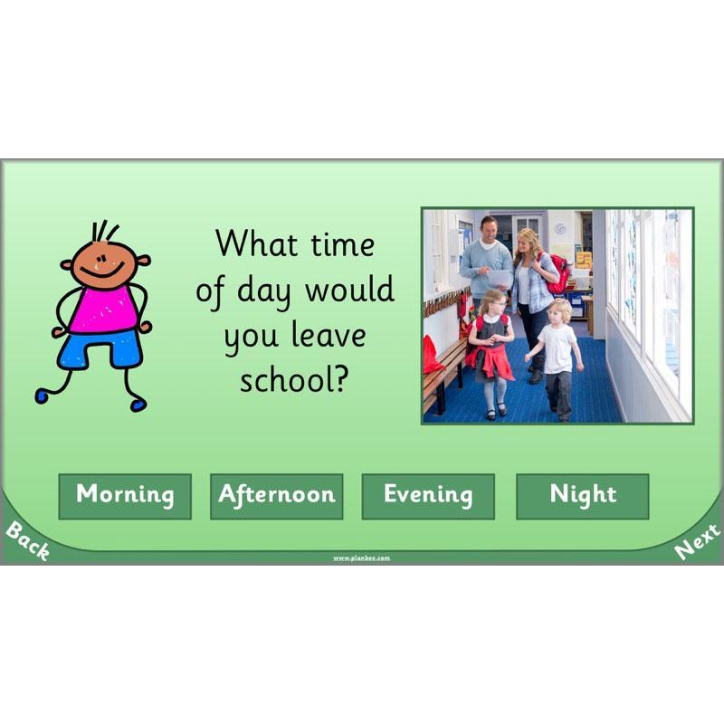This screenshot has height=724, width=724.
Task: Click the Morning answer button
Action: (x=125, y=496)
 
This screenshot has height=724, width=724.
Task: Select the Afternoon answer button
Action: (x=276, y=496)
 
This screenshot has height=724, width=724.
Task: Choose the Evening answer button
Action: (x=428, y=496)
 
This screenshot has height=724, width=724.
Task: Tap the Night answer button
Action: (x=582, y=496)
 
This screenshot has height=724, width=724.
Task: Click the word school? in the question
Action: (x=294, y=380)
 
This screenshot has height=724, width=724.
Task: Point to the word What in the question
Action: (x=255, y=244)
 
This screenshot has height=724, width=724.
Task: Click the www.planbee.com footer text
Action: (x=361, y=558)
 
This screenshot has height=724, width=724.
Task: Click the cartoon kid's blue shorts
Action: (x=100, y=349)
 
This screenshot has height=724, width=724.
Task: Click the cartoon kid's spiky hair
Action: (x=106, y=232)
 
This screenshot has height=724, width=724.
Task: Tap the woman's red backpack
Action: (x=558, y=273)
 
